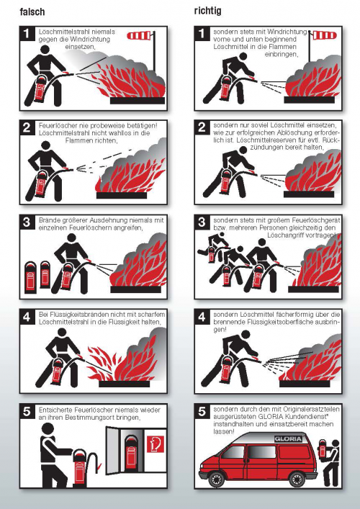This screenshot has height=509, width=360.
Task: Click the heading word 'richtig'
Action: (207, 12)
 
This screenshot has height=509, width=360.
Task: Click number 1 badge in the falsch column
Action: (27, 33)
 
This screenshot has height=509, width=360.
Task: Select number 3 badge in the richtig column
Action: (203, 222)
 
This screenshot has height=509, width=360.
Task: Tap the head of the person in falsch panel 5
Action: (49, 430)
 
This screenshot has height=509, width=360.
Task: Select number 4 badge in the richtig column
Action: (203, 316)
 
